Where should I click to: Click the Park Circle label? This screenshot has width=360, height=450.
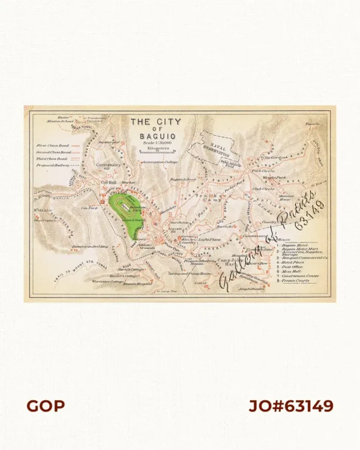click(263, 171)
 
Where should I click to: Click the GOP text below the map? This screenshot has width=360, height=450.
click(45, 406)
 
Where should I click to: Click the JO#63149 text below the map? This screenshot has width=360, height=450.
click(290, 406)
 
